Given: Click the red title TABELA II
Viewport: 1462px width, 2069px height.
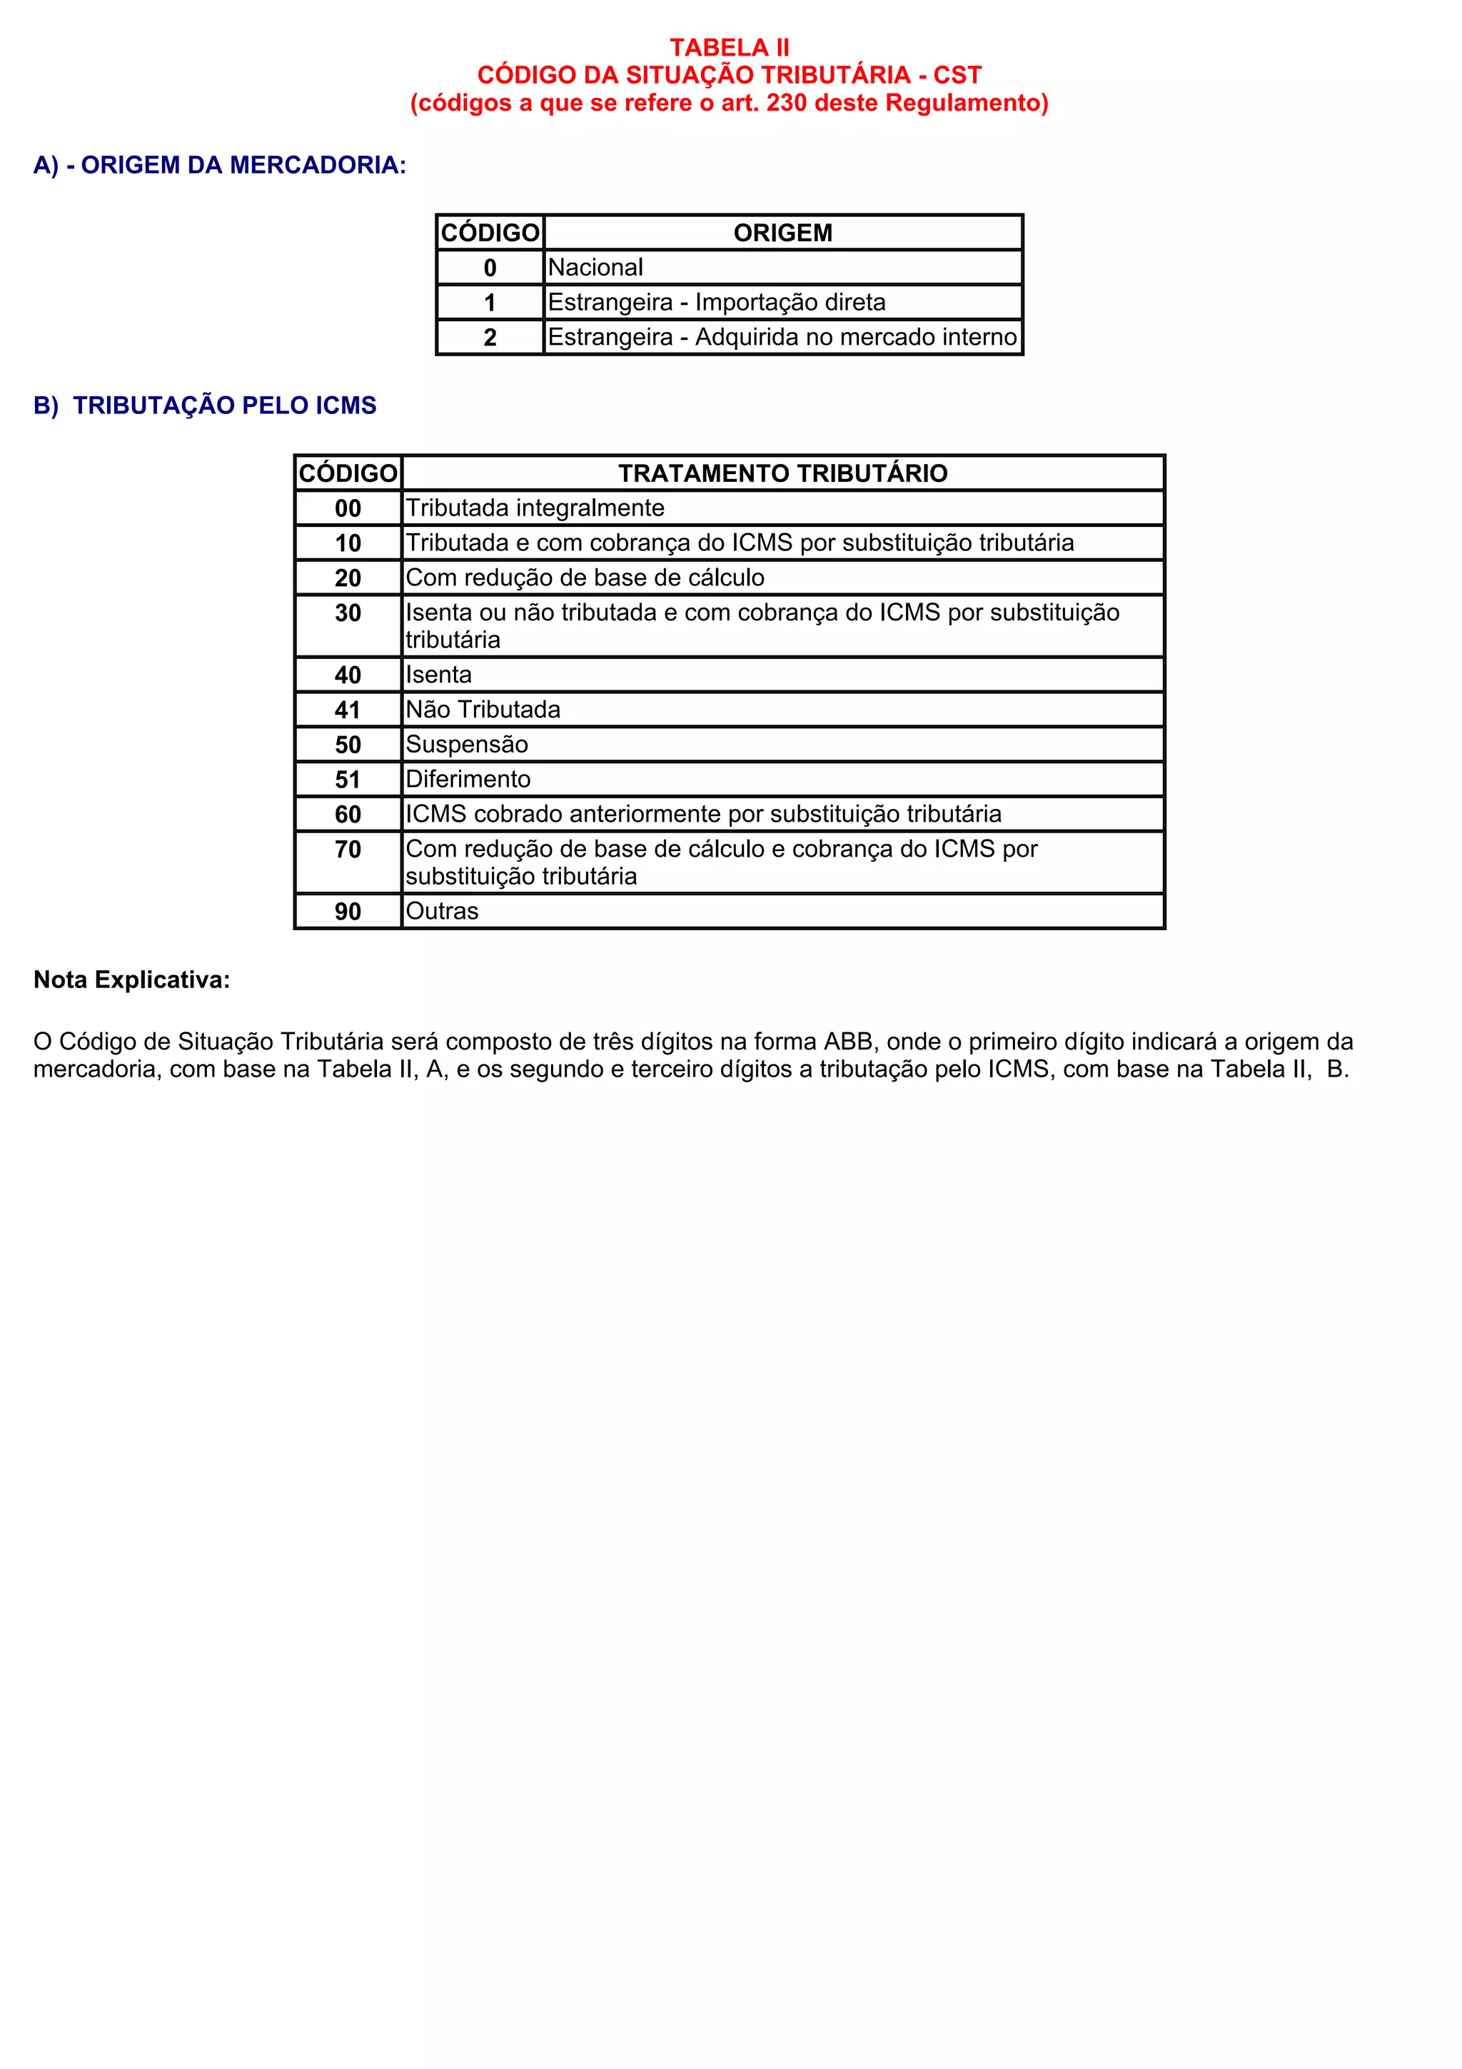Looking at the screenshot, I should pos(729,47).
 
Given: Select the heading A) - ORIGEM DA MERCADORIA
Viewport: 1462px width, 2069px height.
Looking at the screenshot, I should pos(220,165).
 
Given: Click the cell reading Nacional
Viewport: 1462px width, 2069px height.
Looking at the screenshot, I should pos(595,268).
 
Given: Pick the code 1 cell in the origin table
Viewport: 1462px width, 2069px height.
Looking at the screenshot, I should pos(490,303).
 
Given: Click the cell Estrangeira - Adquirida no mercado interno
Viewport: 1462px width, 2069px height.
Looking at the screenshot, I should pos(782,337).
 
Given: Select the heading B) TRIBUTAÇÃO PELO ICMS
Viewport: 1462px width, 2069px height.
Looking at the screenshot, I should pos(206,406).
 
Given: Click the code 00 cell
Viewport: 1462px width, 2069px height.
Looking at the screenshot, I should pos(348,508).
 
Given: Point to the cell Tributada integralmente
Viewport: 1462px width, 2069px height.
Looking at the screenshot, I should pos(535,508).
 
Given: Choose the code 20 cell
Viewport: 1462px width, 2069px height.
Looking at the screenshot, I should pos(348,578).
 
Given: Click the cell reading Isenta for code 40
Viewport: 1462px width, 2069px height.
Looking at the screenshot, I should pos(439,675).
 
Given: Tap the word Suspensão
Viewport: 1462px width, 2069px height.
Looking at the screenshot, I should pos(467,745).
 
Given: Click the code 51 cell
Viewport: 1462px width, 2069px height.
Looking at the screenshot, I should pos(348,780).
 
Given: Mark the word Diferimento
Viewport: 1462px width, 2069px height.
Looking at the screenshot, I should pos(468,780).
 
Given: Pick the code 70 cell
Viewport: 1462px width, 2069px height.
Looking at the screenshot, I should pos(348,850).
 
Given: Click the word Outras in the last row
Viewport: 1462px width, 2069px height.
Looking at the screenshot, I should pos(443,911).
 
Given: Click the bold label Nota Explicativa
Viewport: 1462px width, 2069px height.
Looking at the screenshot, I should pos(131,980).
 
